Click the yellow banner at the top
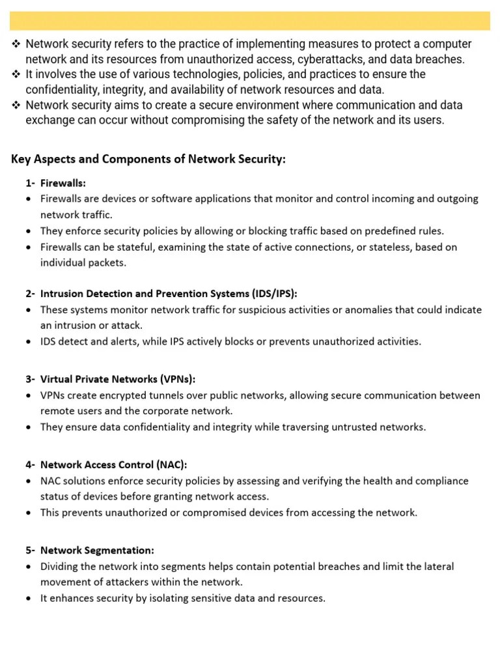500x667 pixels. pyautogui.click(x=250, y=20)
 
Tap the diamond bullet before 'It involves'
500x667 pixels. pyautogui.click(x=16, y=74)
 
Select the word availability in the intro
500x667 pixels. pyautogui.click(x=219, y=89)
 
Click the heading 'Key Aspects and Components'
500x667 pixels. pyautogui.click(x=148, y=160)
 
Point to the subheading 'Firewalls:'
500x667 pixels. pyautogui.click(x=63, y=183)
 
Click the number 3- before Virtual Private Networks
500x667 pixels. pyautogui.click(x=31, y=378)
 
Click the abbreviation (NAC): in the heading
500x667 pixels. pyautogui.click(x=171, y=464)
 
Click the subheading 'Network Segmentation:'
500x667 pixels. pyautogui.click(x=97, y=550)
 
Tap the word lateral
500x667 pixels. pyautogui.click(x=439, y=566)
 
